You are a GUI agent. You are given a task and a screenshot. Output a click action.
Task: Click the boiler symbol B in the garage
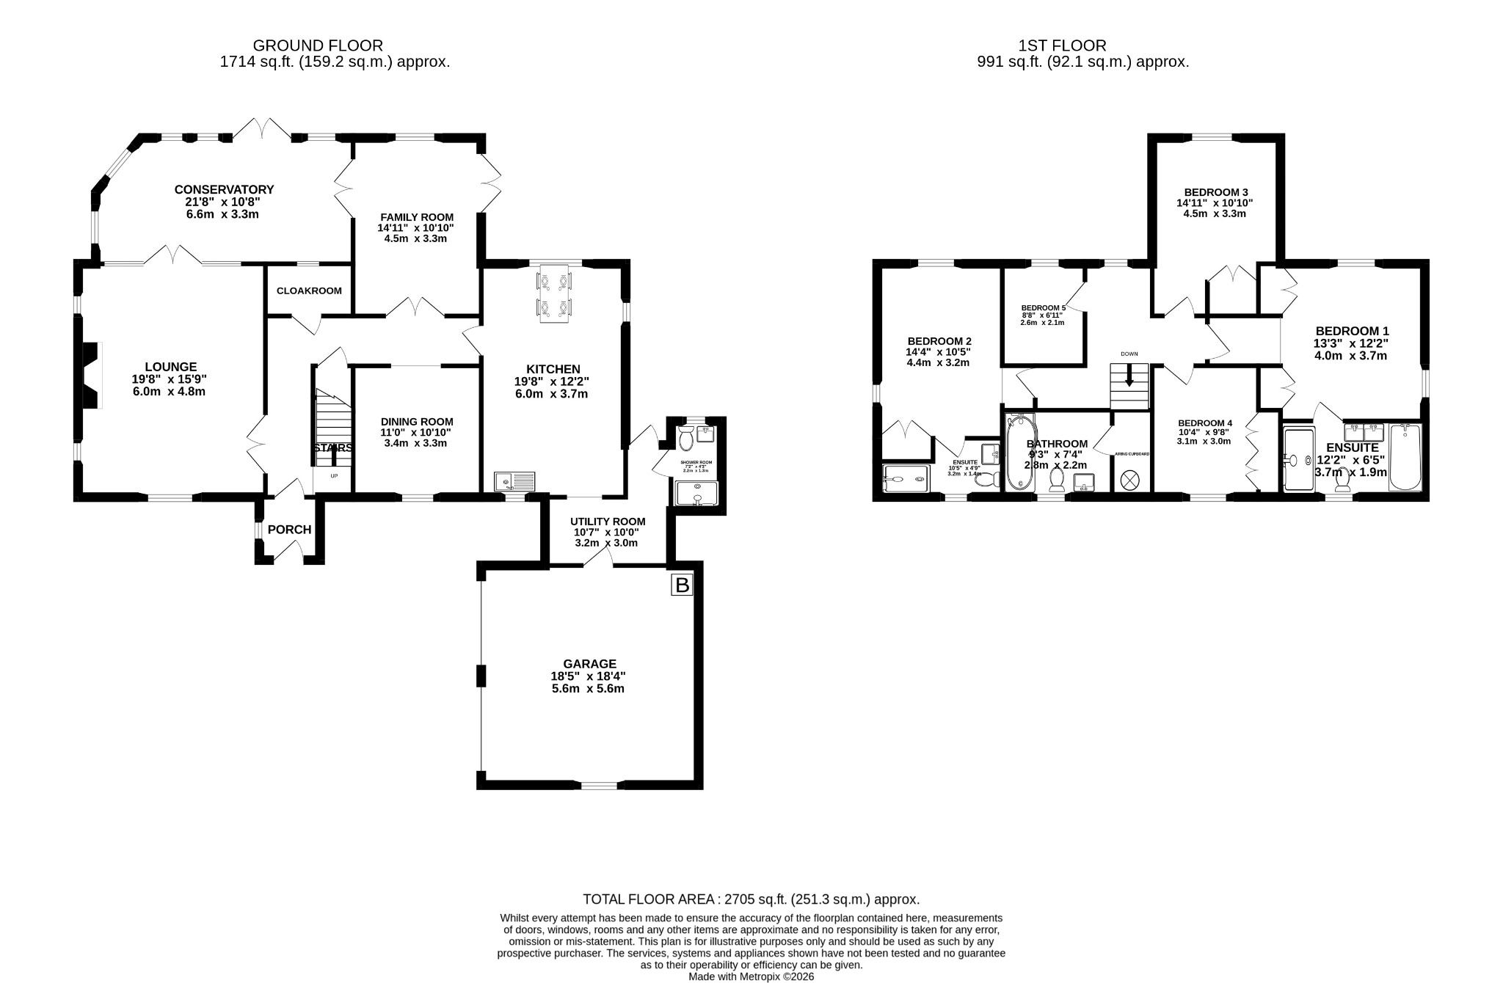coord(682,585)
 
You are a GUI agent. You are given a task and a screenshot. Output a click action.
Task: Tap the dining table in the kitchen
coord(554,293)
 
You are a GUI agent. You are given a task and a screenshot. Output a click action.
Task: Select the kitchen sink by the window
coord(516,481)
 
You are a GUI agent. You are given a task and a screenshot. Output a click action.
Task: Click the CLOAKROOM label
coord(309,290)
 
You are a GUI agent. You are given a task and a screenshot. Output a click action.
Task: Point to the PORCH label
coord(289,530)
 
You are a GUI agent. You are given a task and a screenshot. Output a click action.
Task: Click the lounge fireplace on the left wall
coord(91,375)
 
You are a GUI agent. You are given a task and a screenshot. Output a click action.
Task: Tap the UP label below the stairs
coord(333,476)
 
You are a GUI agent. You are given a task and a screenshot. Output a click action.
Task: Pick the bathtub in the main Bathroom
coord(1020,452)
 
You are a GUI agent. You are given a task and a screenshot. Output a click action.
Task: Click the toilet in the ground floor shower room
coord(687,440)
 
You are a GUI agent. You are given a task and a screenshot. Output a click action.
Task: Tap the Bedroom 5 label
coord(1043,308)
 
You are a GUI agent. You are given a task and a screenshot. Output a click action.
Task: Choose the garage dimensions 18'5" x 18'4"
coord(588,676)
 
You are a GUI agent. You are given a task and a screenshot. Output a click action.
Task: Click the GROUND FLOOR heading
coord(318,46)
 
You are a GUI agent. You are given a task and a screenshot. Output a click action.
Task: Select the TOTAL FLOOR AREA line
coord(751,899)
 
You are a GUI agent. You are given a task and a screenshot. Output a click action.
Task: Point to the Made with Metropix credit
coord(751,976)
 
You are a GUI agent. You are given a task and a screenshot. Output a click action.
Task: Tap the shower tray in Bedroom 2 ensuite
coord(907,478)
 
